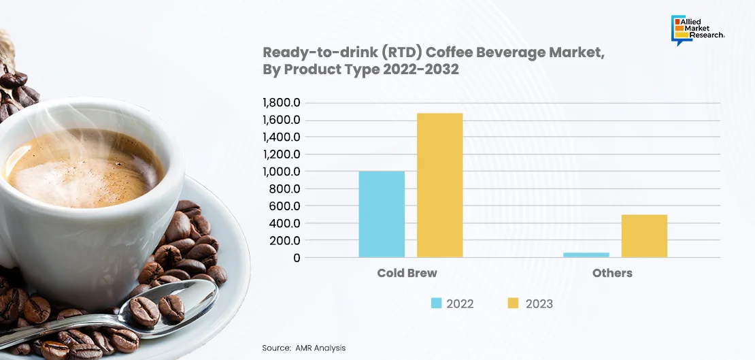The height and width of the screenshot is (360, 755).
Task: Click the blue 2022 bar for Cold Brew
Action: (382, 214)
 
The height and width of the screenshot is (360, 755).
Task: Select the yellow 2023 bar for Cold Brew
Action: (439, 185)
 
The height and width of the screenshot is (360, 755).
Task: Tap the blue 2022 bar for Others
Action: (586, 255)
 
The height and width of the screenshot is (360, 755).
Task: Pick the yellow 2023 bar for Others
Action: (644, 236)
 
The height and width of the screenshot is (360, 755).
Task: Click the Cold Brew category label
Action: (407, 273)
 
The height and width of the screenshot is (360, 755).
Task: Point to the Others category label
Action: (612, 273)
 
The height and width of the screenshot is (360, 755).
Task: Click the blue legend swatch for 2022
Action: (436, 304)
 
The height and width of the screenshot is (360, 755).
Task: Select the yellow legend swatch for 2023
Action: (514, 304)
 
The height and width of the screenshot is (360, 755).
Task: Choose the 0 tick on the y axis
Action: (297, 258)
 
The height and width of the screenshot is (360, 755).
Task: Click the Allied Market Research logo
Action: (697, 30)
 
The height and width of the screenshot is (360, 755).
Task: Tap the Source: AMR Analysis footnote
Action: (304, 348)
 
